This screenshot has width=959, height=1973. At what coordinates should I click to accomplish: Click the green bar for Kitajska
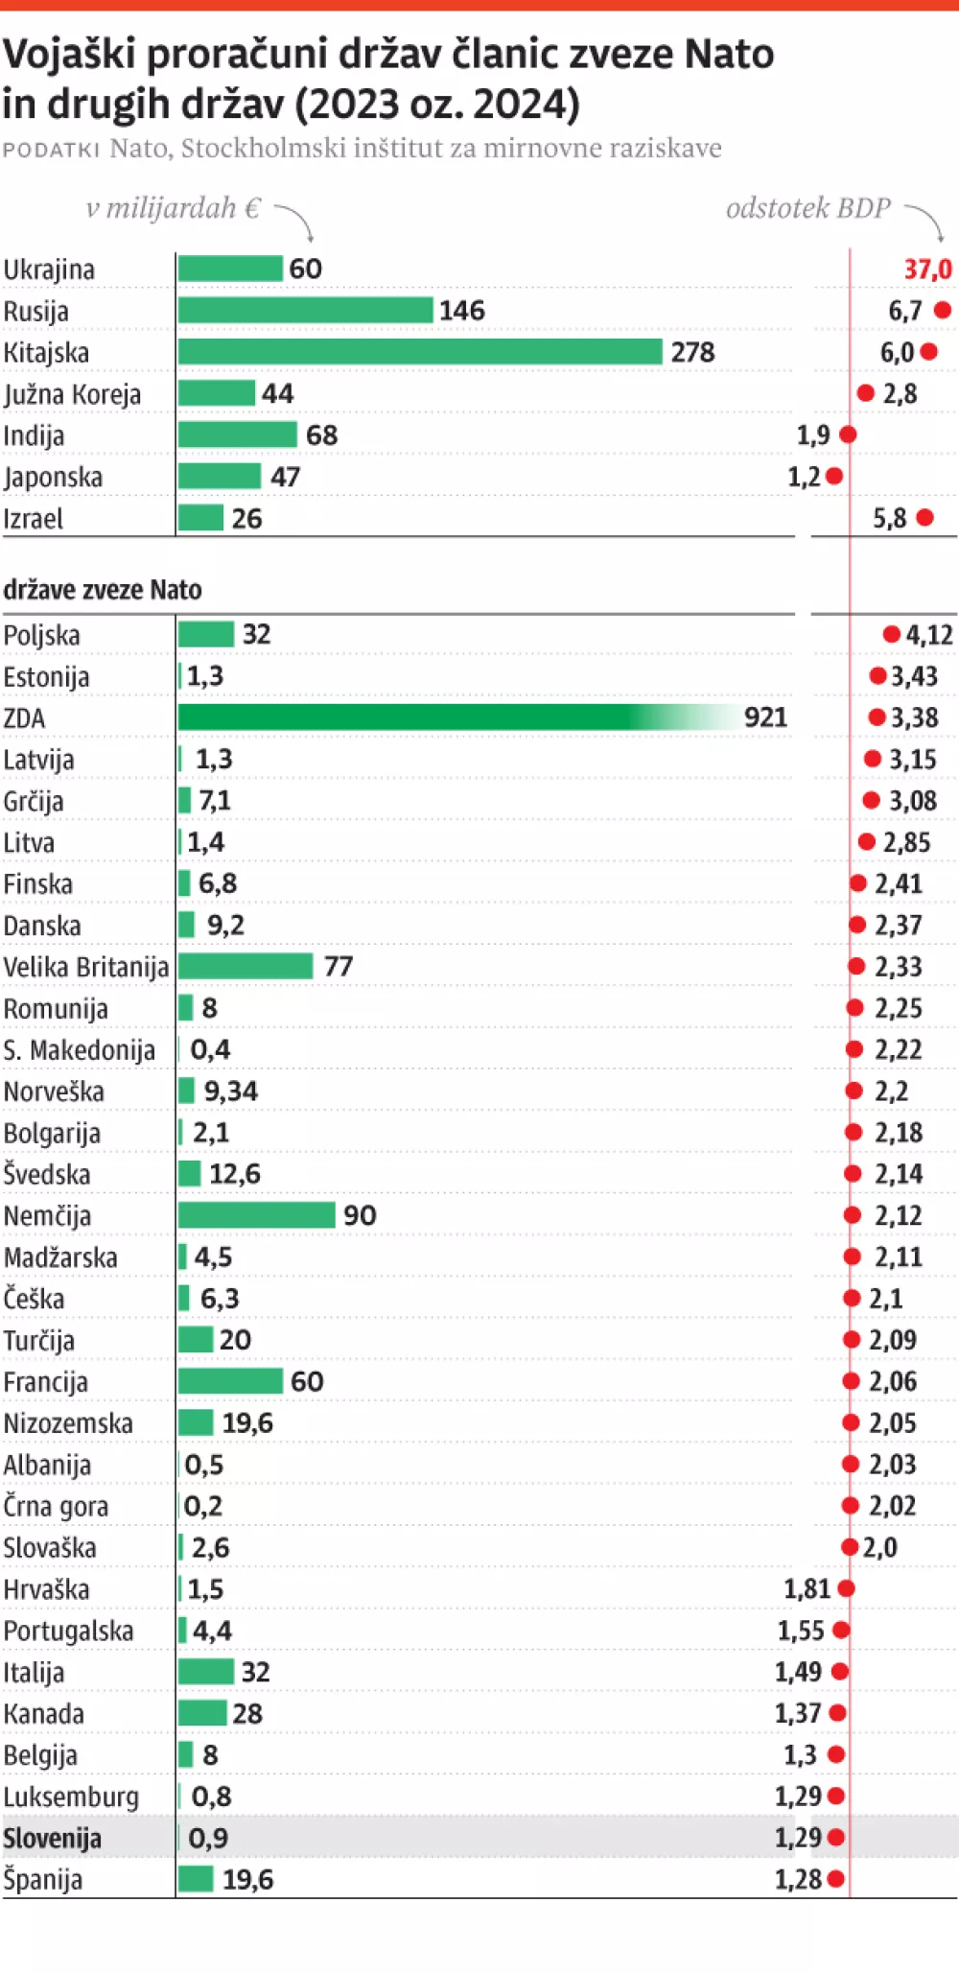(x=420, y=352)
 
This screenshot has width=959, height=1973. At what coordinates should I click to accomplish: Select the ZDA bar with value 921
(x=451, y=717)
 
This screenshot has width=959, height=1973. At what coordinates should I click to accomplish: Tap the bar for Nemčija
(x=256, y=1215)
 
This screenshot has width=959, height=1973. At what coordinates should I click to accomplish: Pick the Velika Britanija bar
(x=246, y=966)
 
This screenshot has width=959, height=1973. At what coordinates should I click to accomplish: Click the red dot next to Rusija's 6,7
(x=943, y=310)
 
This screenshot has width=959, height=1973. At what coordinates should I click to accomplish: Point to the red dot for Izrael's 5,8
(x=924, y=518)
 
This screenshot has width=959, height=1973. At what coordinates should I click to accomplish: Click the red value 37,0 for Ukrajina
(x=927, y=270)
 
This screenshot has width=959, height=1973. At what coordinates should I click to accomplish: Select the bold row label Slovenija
(x=53, y=1839)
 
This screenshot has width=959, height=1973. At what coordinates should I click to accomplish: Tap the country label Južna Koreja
(x=72, y=394)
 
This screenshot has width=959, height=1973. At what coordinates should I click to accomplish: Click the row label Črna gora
(x=56, y=1506)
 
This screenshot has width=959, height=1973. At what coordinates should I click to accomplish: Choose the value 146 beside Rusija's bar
(x=462, y=311)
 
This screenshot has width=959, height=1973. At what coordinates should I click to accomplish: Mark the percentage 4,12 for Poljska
(x=929, y=635)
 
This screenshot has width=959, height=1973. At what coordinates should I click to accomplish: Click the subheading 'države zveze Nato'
(x=103, y=590)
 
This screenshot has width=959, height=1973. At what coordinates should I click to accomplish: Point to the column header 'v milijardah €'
(x=173, y=208)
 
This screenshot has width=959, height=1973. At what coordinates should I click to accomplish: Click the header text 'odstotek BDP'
(x=807, y=208)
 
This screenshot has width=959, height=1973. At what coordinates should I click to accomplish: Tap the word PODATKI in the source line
(x=51, y=150)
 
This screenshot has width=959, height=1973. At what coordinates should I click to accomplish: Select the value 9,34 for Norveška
(x=230, y=1091)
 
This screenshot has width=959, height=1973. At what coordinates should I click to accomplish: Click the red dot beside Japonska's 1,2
(x=834, y=476)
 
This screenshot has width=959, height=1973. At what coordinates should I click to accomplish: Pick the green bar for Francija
(x=230, y=1381)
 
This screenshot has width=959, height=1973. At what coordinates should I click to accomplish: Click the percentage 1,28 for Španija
(x=798, y=1879)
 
